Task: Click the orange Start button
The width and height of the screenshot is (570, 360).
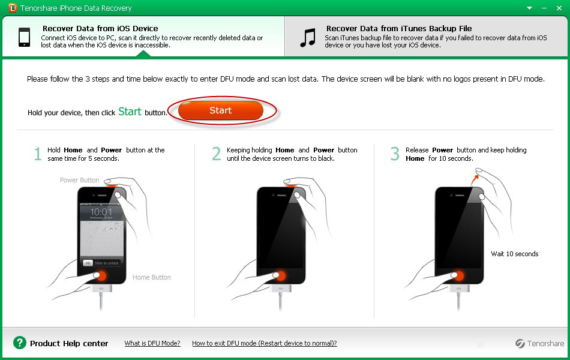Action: point(221,110)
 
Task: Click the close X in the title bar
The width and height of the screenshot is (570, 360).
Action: point(559,8)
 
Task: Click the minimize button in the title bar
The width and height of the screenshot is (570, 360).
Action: point(544,8)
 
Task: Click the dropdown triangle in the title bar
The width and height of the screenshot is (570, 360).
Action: point(530,8)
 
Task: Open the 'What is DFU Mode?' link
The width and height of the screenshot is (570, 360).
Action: point(152,343)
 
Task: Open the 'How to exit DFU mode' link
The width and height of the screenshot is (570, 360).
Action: point(264,343)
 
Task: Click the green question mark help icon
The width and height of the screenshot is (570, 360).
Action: point(20,343)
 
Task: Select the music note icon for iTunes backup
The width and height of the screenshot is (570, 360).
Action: point(308,38)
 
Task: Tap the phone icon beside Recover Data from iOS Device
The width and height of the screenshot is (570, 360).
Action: point(25,37)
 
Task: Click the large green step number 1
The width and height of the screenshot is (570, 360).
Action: point(37,154)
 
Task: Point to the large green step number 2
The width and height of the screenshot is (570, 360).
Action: point(216,154)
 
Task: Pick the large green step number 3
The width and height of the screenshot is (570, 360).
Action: point(395,154)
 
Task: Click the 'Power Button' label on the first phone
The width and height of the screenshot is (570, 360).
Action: point(80,180)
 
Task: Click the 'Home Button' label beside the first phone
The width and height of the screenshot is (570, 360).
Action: point(152,277)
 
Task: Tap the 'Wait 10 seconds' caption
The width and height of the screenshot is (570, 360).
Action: point(515,254)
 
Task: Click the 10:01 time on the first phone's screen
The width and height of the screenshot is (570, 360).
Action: point(101,212)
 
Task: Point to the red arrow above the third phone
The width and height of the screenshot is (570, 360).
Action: point(475,179)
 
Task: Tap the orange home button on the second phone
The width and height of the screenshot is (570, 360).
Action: point(280,275)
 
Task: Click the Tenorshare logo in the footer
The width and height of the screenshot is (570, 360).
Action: point(540,343)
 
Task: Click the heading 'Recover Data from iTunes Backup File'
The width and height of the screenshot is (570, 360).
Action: point(399,28)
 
